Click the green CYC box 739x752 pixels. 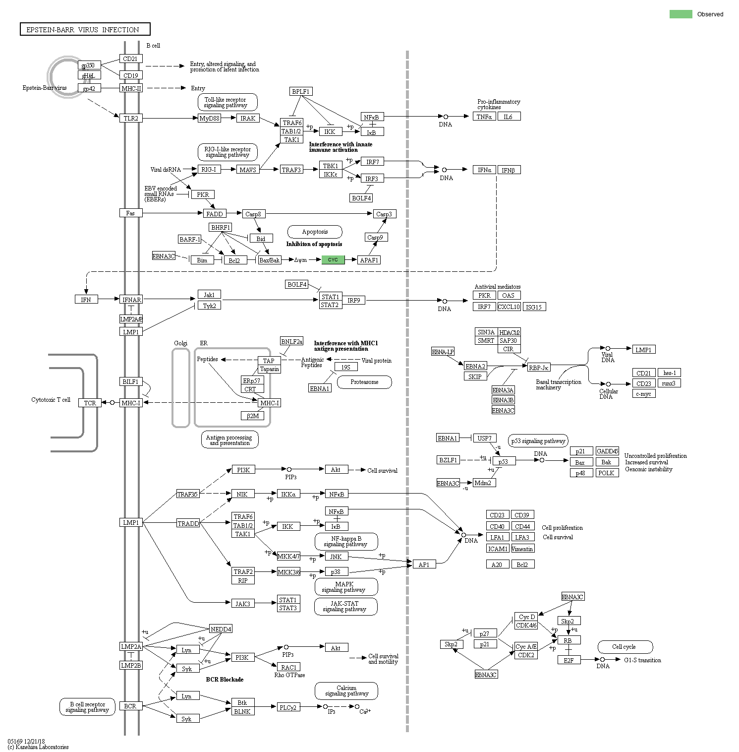click(x=333, y=260)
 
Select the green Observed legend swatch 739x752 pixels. click(x=681, y=14)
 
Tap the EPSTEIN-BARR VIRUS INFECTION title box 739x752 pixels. click(x=85, y=29)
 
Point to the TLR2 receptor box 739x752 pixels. click(x=131, y=118)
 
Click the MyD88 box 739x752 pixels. click(x=209, y=118)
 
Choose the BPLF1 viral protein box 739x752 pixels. click(x=301, y=91)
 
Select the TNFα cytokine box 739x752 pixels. click(x=484, y=117)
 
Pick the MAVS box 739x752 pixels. click(x=248, y=170)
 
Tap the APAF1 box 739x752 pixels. click(x=369, y=260)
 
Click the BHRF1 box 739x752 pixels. click(x=221, y=227)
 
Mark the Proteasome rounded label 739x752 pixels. click(x=364, y=382)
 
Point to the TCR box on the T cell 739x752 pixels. click(x=90, y=403)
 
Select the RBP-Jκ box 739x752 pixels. click(x=539, y=368)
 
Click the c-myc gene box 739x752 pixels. click(x=644, y=394)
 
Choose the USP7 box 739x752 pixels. click(x=484, y=438)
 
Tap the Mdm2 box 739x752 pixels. click(x=483, y=483)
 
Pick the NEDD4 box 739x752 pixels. click(x=221, y=629)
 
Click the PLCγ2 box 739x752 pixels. click(x=288, y=707)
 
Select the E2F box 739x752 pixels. click(x=568, y=660)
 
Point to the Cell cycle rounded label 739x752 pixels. click(x=625, y=647)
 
